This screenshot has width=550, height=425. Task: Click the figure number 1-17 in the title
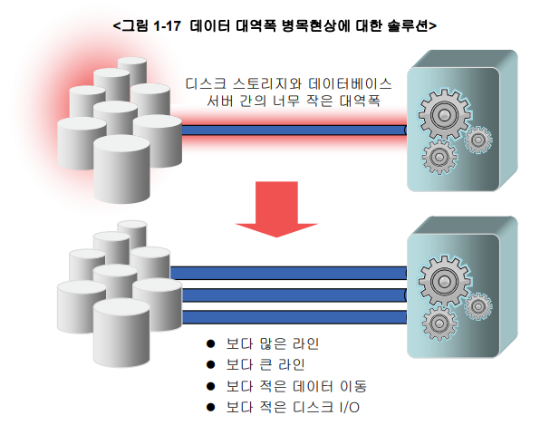(x=166, y=26)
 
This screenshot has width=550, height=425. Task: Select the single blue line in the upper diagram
(x=290, y=130)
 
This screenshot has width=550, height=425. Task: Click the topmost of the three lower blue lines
(x=288, y=272)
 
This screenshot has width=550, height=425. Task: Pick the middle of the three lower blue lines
(x=288, y=295)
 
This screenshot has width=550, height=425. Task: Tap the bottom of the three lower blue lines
(x=288, y=318)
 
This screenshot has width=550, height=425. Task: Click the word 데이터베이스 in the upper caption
(x=352, y=82)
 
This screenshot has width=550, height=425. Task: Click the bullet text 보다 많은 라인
(x=274, y=345)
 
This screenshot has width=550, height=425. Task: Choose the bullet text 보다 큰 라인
(x=267, y=365)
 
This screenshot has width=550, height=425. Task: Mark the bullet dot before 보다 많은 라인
(x=212, y=345)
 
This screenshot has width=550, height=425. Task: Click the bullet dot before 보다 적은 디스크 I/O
(x=212, y=406)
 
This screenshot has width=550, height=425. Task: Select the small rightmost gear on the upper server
(x=478, y=140)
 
